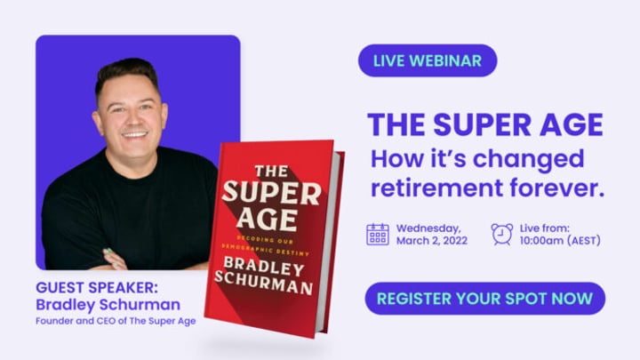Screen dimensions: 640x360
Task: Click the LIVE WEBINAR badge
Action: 428,60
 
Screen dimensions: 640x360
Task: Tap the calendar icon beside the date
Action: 377,235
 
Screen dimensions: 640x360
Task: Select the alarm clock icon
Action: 501,235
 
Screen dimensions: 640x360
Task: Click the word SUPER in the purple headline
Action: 483,125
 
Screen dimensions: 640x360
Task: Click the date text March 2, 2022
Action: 432,241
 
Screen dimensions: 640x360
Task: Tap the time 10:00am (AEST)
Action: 560,241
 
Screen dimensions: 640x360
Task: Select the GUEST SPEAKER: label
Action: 97,288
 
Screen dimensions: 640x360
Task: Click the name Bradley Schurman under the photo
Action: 108,305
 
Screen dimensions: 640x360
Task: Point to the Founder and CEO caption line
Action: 116,321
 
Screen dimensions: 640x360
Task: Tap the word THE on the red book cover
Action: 272,171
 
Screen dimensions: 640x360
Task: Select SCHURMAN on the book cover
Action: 264,282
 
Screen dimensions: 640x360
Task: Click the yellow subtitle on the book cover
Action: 266,245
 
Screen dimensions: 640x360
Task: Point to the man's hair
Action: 127,75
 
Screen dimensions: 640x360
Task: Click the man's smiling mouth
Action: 134,134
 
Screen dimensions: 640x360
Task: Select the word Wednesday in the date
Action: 428,228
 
